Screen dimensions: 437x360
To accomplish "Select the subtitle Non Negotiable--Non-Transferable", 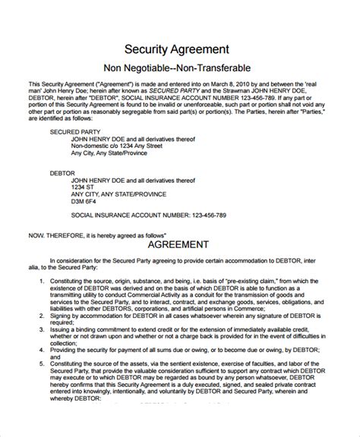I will tap(179, 68).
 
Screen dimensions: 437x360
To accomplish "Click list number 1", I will tap(40, 302).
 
